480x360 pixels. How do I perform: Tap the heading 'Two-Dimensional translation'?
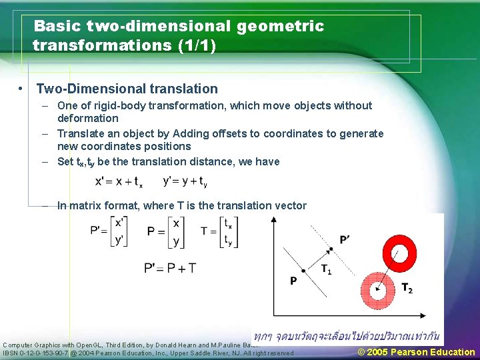click(x=127, y=89)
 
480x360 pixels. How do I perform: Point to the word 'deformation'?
click(x=88, y=118)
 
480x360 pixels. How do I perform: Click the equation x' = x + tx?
click(x=119, y=181)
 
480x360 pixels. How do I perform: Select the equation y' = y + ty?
click(x=185, y=181)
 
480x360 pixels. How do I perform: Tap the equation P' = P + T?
click(x=170, y=268)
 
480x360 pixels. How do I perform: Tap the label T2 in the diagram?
click(x=406, y=288)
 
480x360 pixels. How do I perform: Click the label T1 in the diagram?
click(x=326, y=270)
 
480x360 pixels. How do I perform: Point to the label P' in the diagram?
click(x=345, y=239)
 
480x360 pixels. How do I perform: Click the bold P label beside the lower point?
click(x=293, y=282)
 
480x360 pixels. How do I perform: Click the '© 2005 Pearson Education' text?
click(x=416, y=352)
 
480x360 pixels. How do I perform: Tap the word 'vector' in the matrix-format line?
click(x=289, y=205)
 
